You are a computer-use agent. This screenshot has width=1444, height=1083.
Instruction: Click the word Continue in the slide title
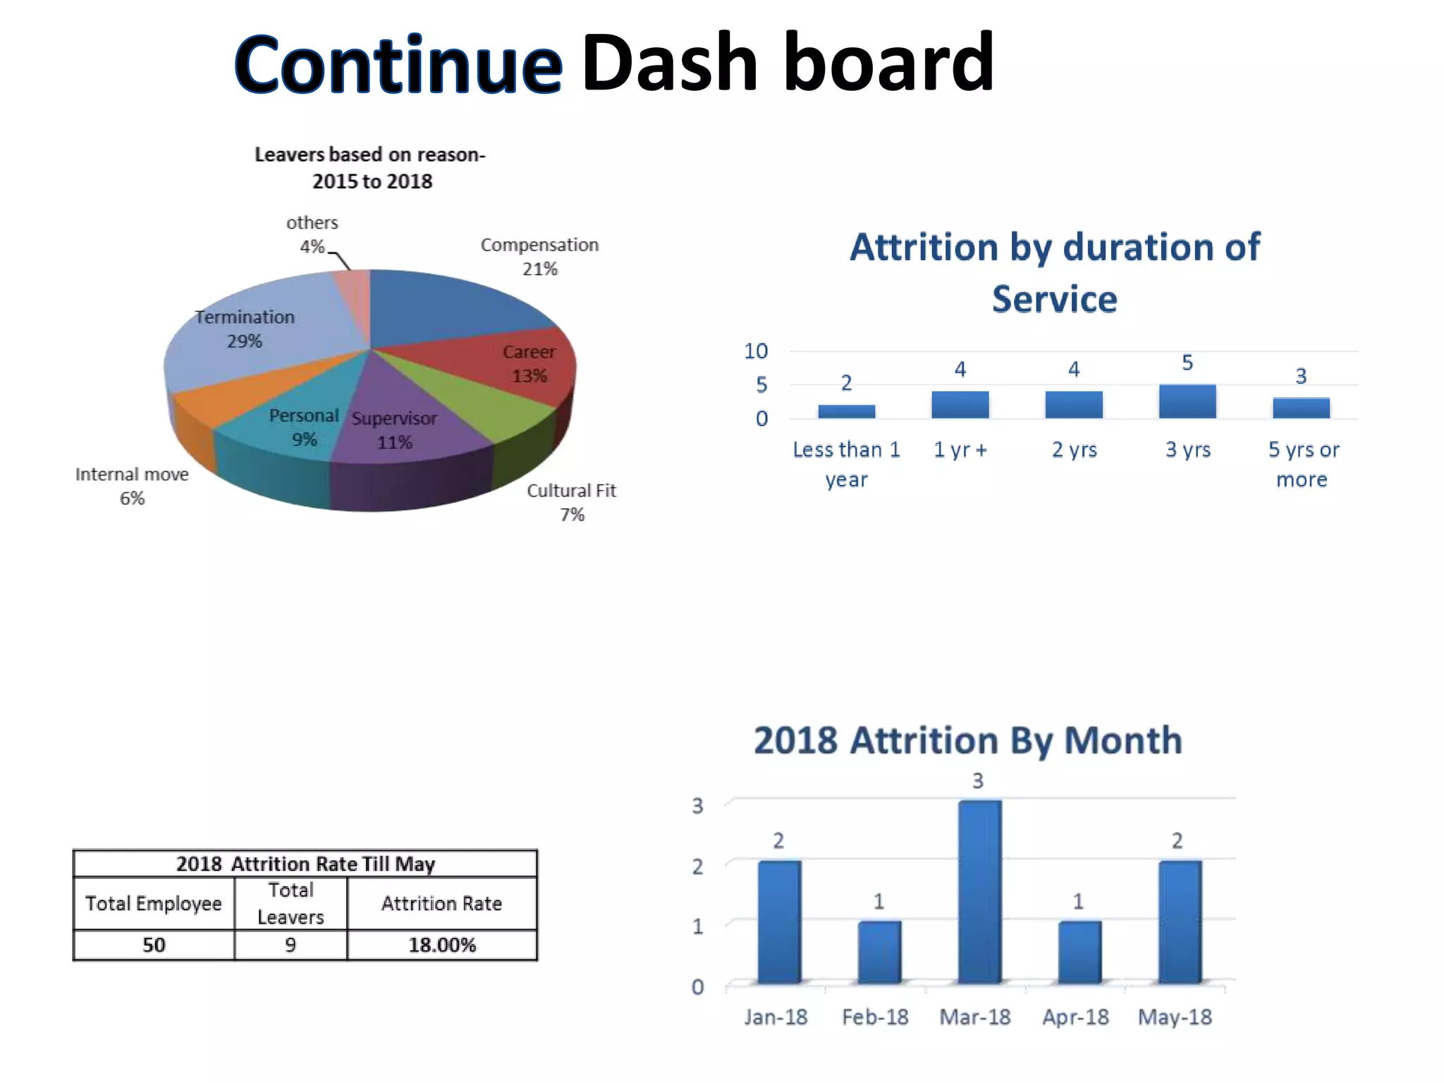tap(398, 65)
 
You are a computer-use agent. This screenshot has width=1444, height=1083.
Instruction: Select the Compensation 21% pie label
tap(539, 257)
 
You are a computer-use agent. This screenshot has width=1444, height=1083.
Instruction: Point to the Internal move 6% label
tap(132, 486)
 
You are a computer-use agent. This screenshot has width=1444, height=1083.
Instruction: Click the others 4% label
tap(312, 234)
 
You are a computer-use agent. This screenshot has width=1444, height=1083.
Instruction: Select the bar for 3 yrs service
tap(1187, 401)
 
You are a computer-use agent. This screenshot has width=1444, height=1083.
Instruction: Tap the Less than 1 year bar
tap(846, 411)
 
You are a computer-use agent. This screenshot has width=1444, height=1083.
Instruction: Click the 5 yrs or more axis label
tap(1302, 464)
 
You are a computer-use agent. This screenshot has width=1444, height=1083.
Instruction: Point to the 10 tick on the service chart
tap(756, 351)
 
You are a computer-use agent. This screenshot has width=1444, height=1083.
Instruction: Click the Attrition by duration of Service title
tap(1055, 273)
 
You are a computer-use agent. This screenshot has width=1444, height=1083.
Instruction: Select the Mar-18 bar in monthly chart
tap(979, 891)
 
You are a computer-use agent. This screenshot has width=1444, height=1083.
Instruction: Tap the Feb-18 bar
tap(879, 952)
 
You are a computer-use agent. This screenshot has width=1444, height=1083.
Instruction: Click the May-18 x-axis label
tap(1175, 1017)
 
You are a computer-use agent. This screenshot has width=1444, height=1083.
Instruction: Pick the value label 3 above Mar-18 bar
tap(978, 781)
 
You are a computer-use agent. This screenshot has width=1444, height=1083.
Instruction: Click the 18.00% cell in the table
tap(442, 945)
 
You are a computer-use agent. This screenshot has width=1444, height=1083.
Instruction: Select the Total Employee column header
tap(154, 903)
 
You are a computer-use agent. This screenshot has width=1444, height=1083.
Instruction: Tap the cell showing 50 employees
tap(154, 945)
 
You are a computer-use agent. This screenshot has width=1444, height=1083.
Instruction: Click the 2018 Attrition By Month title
tap(967, 741)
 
